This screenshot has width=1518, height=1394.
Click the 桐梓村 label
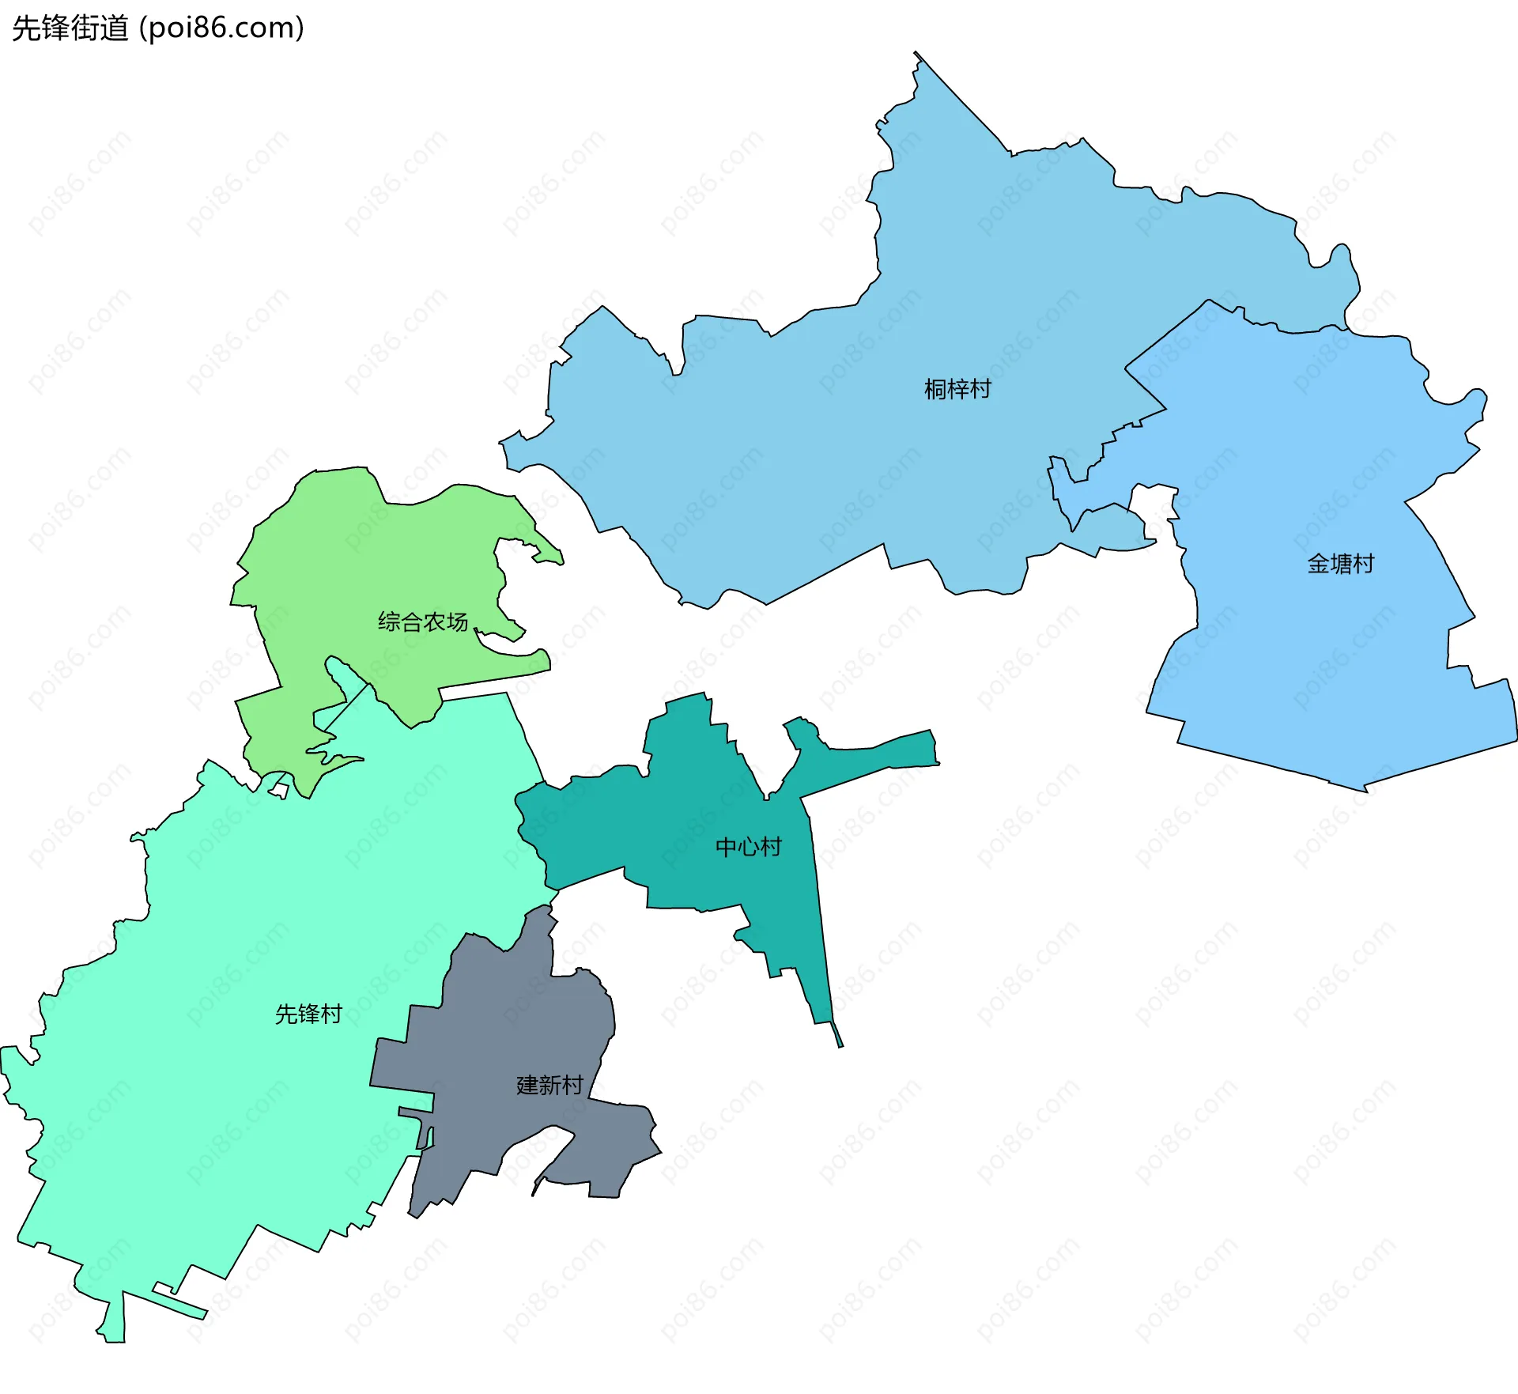(957, 389)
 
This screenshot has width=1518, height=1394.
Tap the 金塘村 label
(1340, 564)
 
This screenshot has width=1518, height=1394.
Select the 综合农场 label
(422, 622)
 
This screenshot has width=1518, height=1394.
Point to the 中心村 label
(748, 848)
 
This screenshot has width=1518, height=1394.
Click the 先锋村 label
(308, 1014)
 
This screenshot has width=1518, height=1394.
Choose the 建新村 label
(549, 1085)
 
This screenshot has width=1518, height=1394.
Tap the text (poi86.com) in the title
(221, 28)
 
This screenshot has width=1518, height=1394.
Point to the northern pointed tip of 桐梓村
(917, 55)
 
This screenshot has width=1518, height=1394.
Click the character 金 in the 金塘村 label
(1318, 564)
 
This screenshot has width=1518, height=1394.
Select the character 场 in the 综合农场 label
(457, 622)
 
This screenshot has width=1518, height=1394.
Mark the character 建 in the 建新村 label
(527, 1085)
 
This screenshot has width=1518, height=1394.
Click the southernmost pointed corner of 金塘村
(1364, 789)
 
